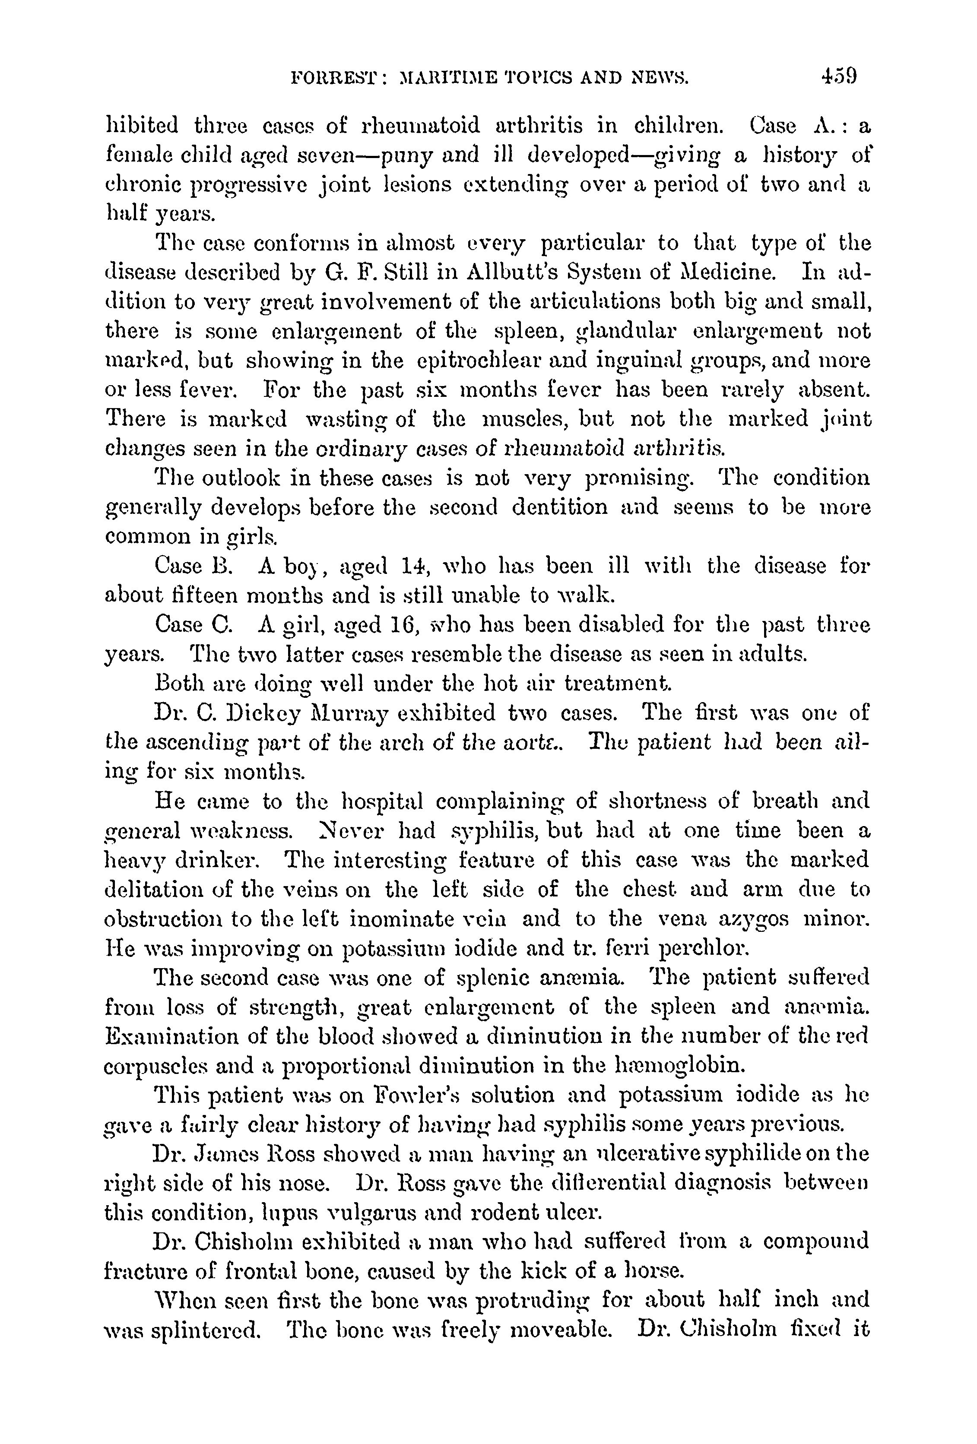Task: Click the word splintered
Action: [x=192, y=1331]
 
